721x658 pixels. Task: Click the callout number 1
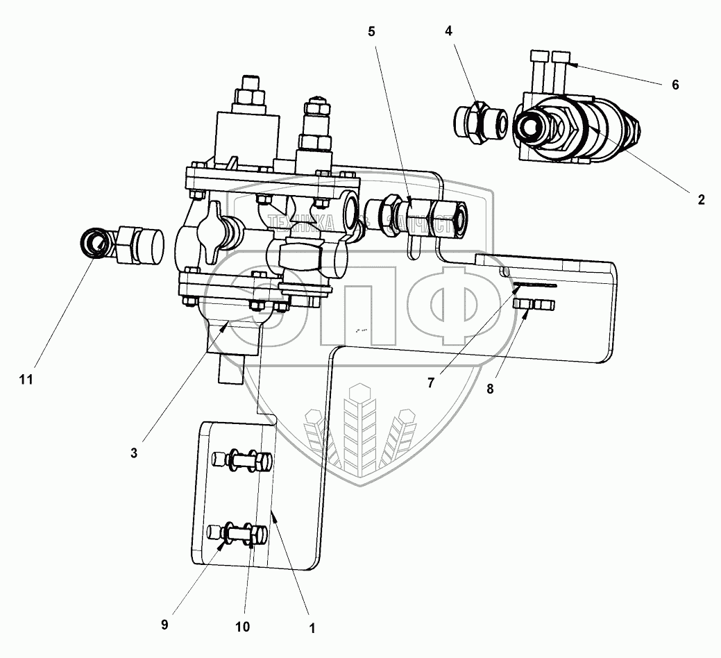[312, 629]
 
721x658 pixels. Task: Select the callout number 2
[701, 200]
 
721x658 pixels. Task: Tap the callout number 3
[134, 453]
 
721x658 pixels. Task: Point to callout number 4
[449, 31]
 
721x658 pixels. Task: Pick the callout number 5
[371, 31]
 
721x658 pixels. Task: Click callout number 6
[675, 85]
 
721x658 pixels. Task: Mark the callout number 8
[490, 389]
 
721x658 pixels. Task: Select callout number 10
[243, 626]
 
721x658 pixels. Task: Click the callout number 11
[26, 380]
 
